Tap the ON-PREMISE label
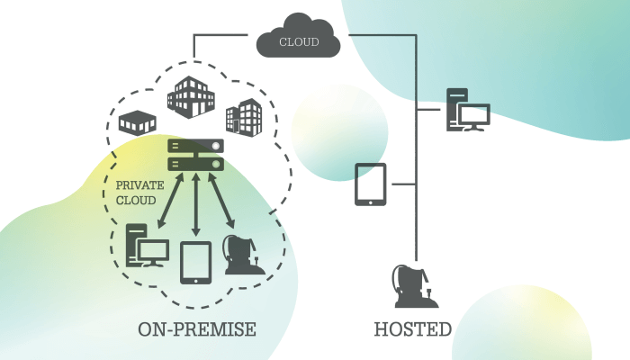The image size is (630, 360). pyautogui.click(x=196, y=329)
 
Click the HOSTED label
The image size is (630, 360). pyautogui.click(x=412, y=329)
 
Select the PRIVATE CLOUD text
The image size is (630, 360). pyautogui.click(x=139, y=191)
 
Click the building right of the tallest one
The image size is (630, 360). pyautogui.click(x=243, y=115)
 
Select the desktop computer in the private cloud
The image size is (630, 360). pyautogui.click(x=144, y=245)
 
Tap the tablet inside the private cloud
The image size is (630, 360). pyautogui.click(x=196, y=262)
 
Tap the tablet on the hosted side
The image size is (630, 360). pyautogui.click(x=371, y=184)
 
